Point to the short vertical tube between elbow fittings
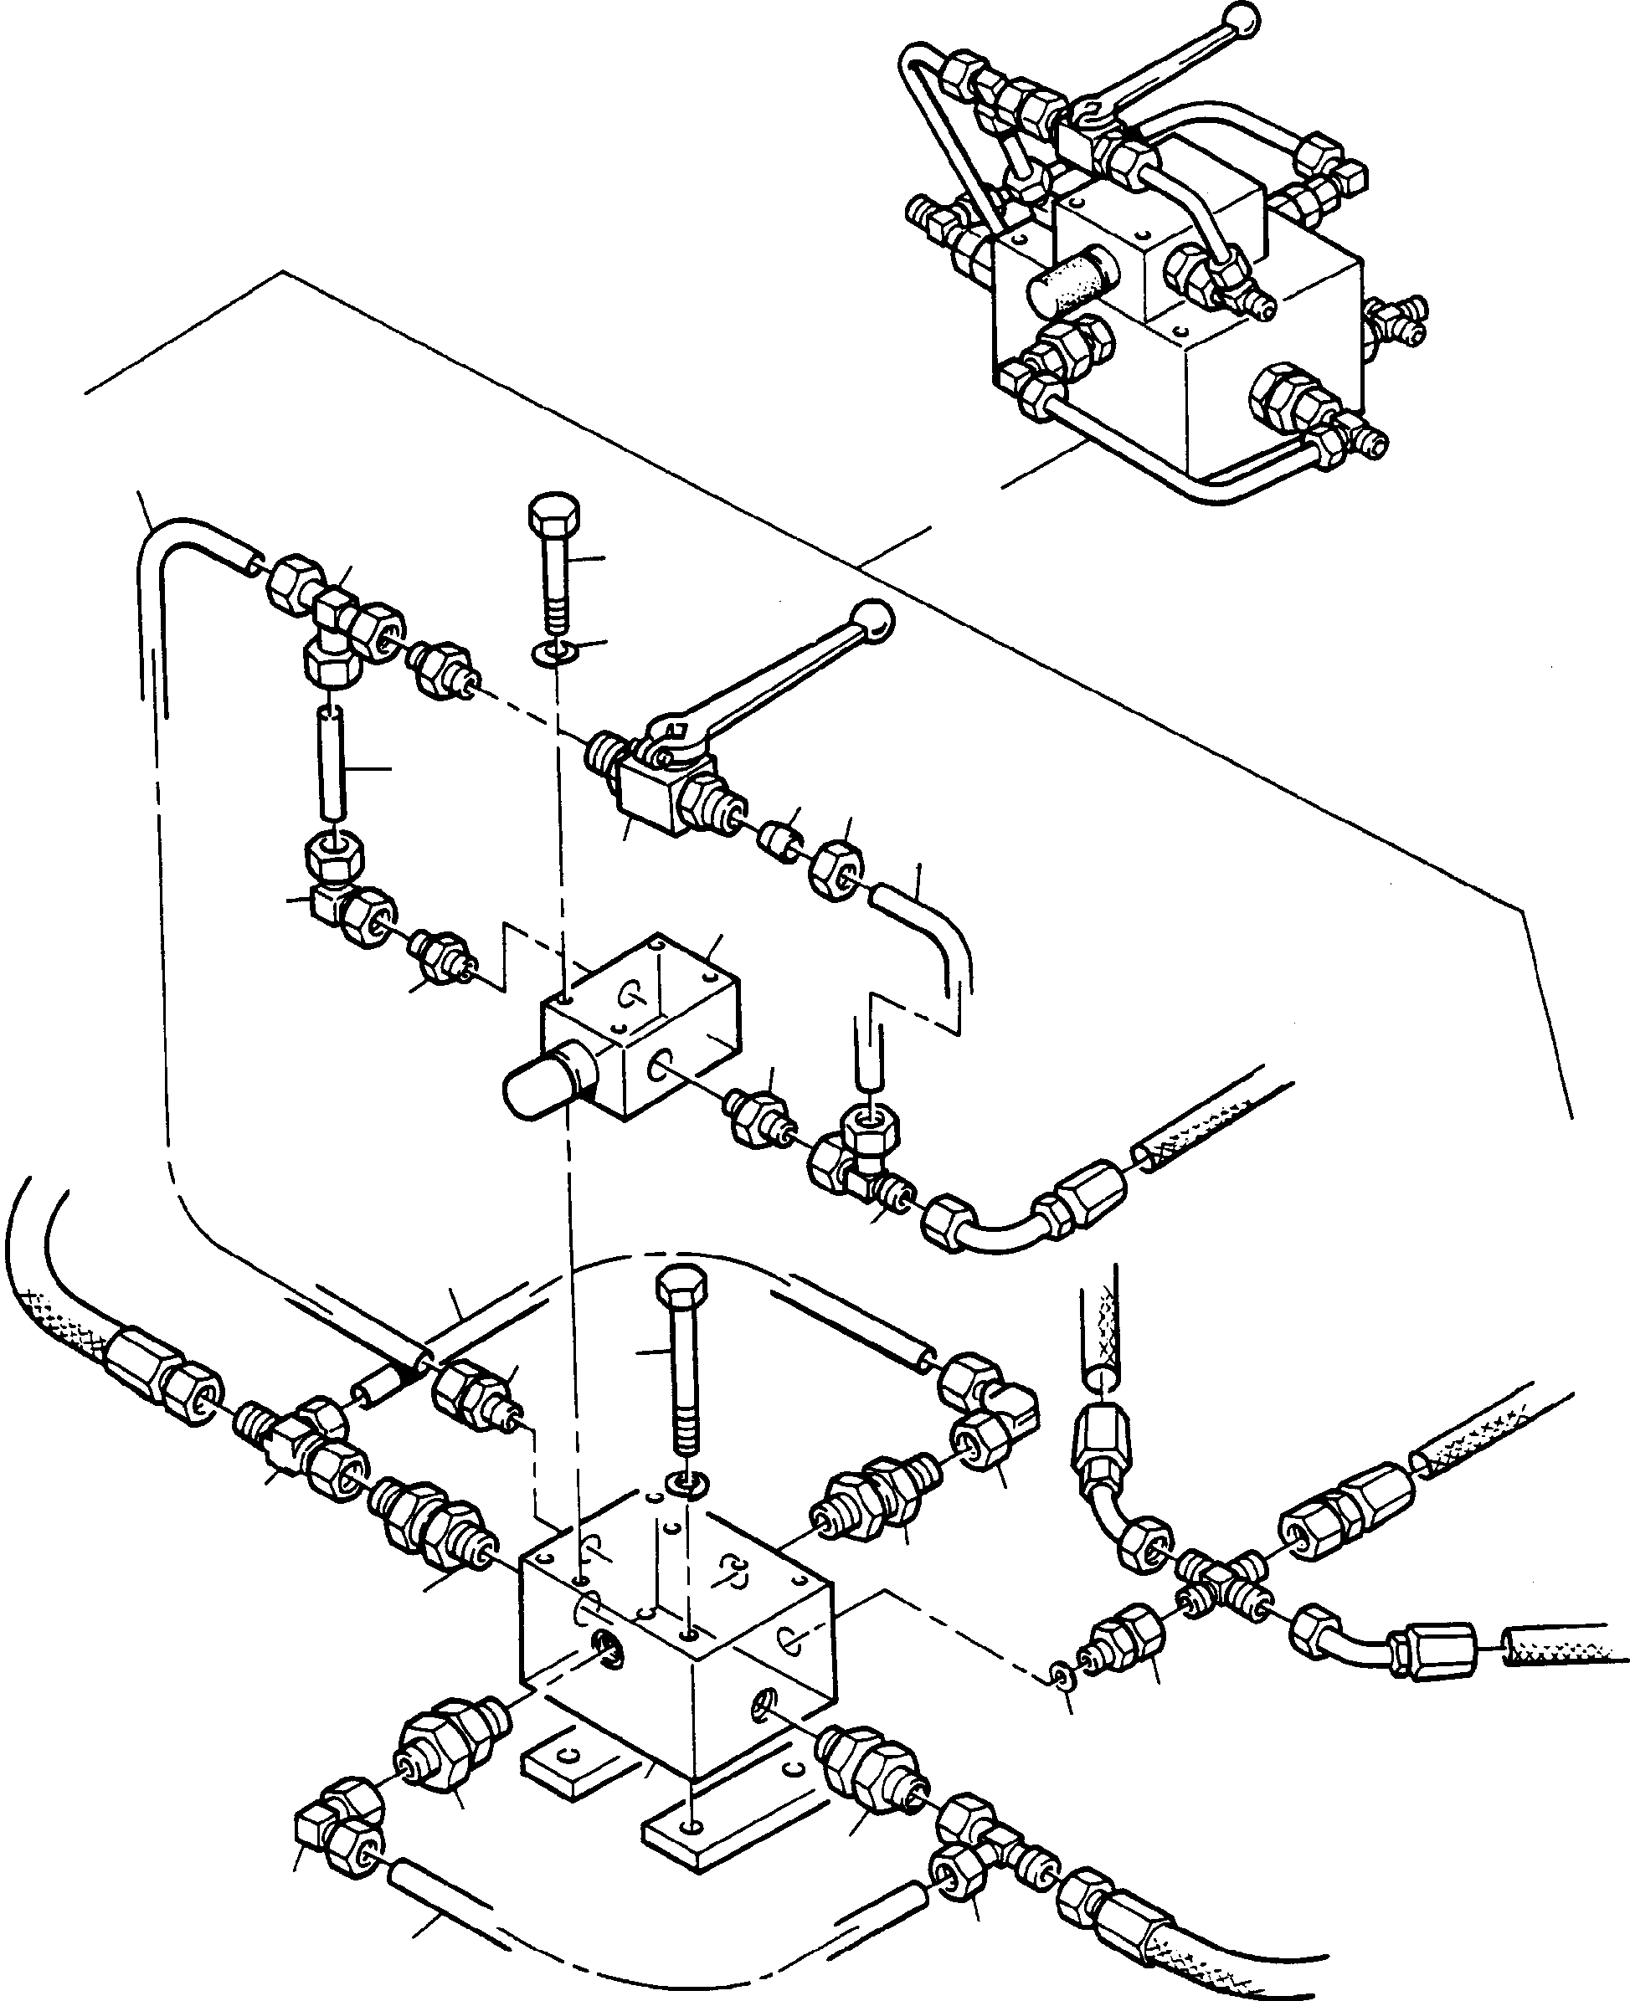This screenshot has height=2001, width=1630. click(x=331, y=765)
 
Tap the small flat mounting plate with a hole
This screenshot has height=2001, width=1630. click(x=566, y=1764)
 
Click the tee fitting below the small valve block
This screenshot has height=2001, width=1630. click(x=856, y=1152)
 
